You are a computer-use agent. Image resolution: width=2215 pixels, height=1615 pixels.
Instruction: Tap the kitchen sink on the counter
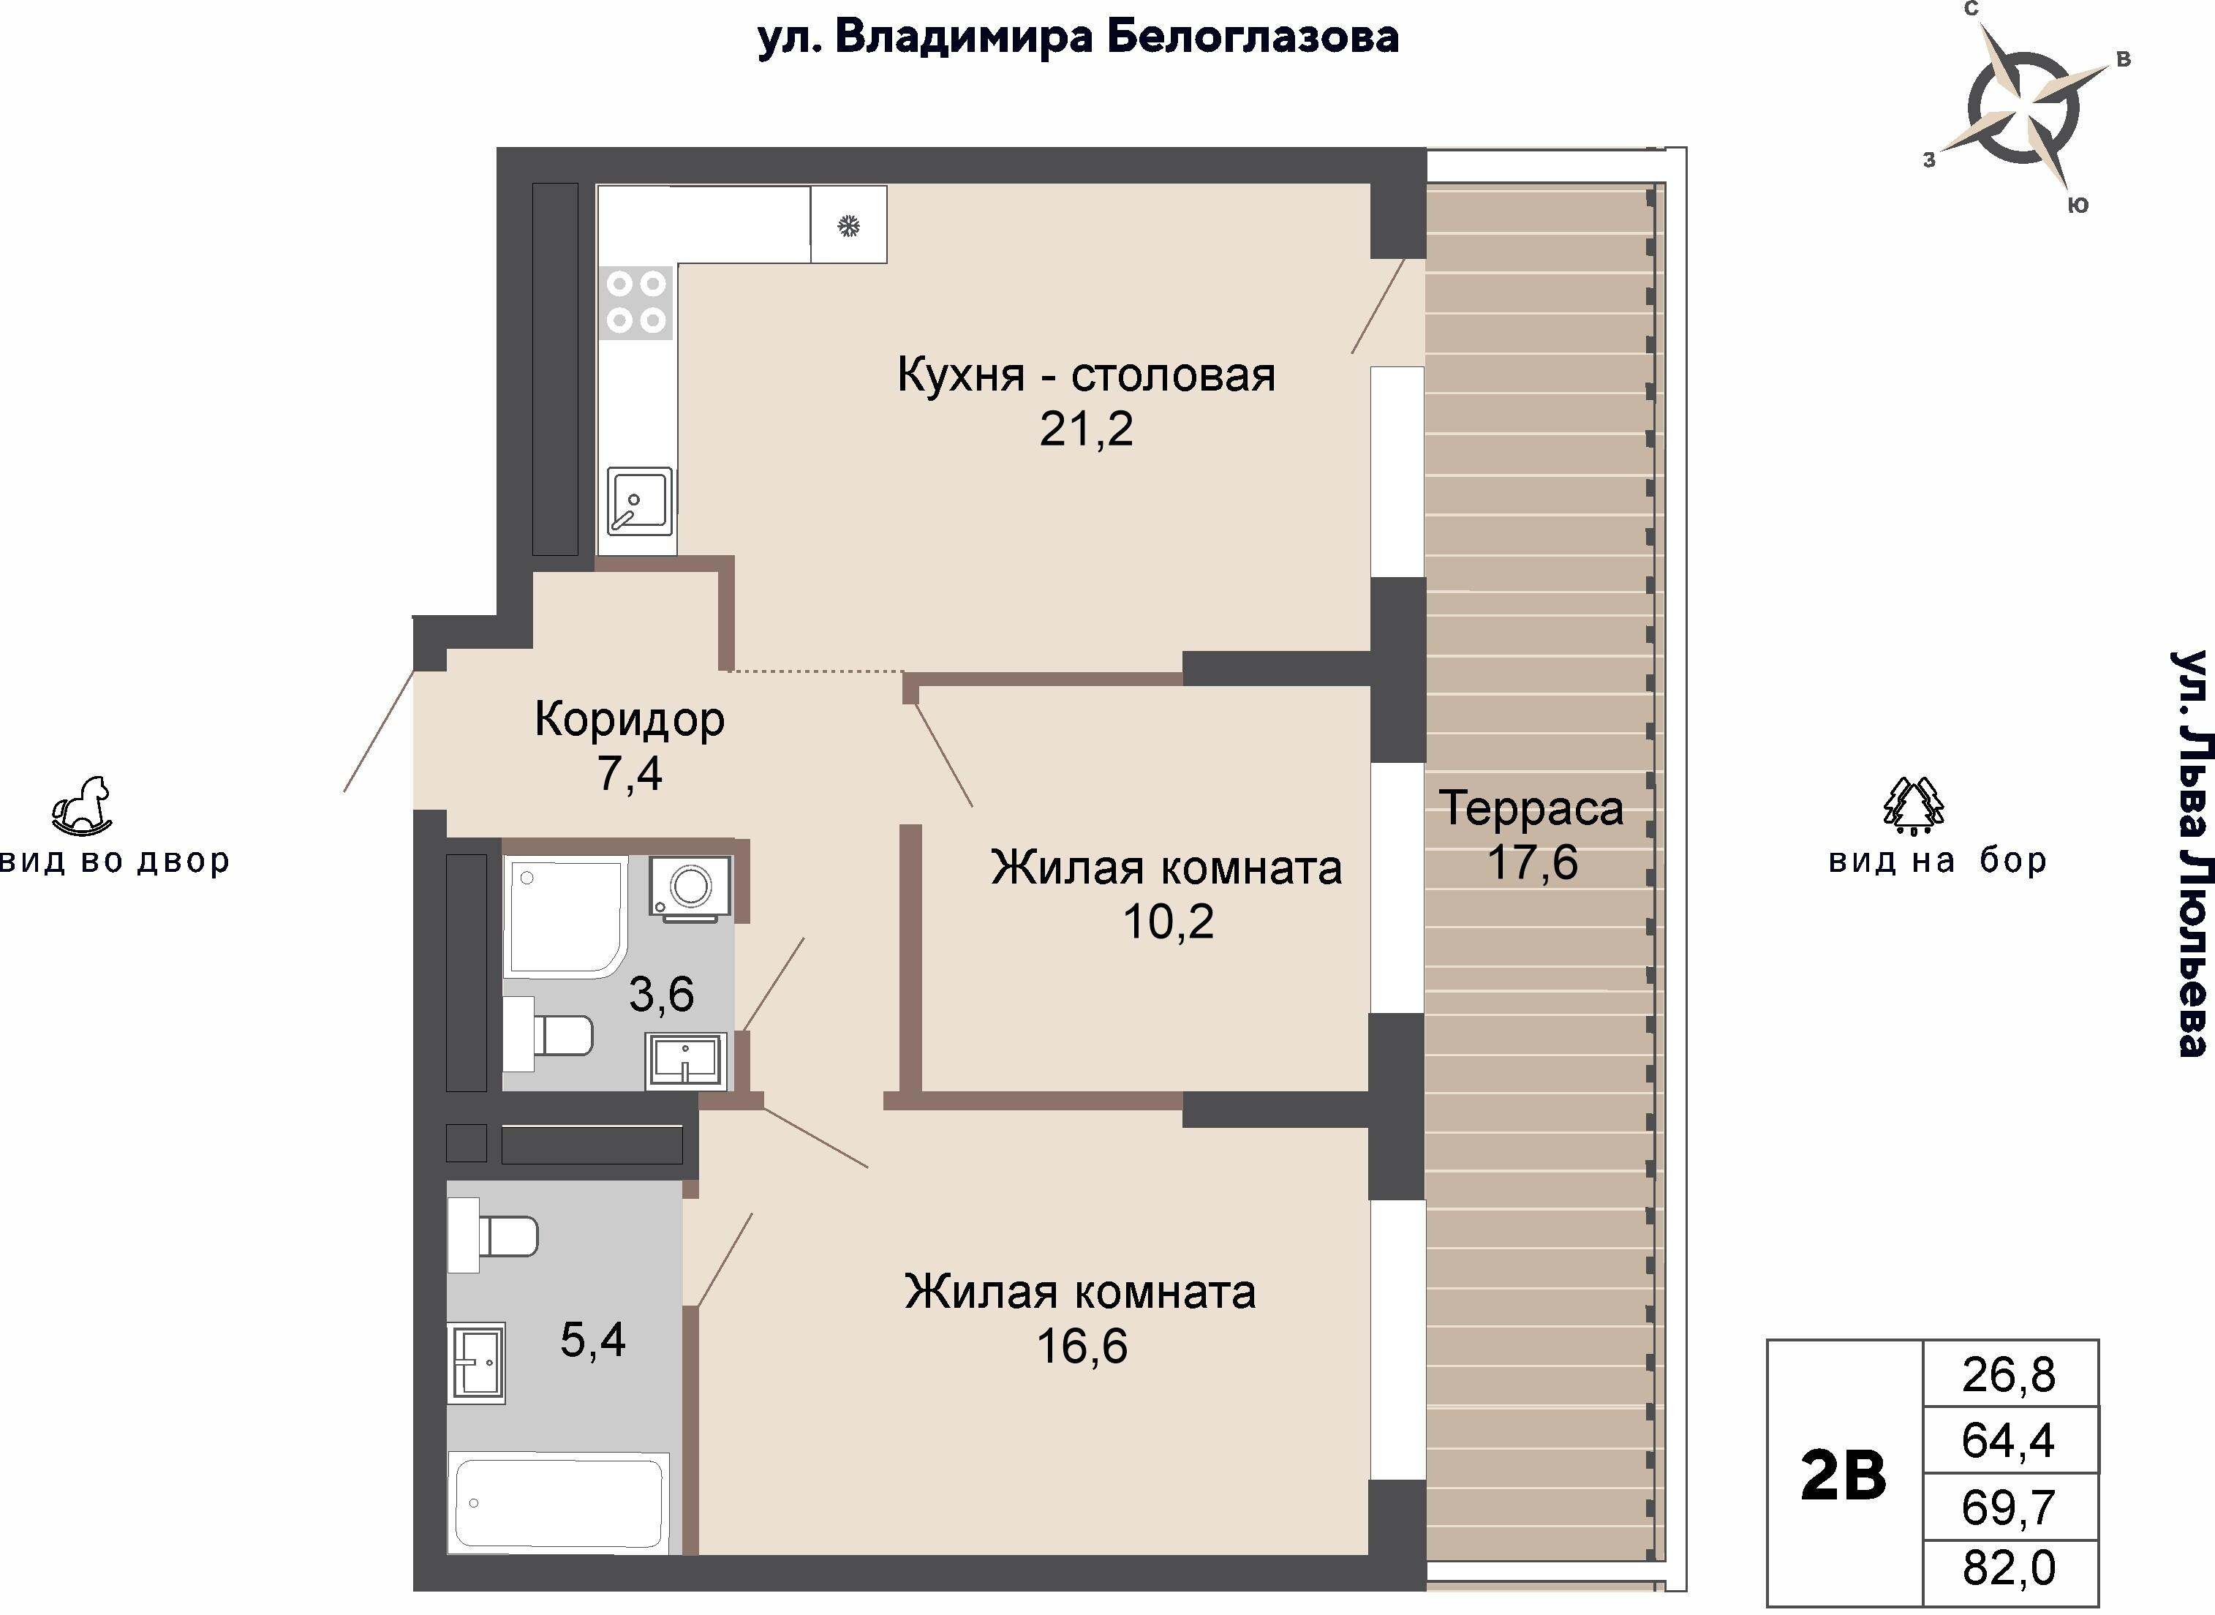click(x=639, y=500)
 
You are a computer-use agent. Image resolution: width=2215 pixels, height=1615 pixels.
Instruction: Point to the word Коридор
click(x=630, y=720)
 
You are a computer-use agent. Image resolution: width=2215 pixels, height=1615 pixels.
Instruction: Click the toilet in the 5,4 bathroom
click(x=494, y=1237)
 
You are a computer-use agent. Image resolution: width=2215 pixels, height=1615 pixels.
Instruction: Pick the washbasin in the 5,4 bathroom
click(x=477, y=1362)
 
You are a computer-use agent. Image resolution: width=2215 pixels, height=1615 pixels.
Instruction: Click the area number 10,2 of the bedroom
click(x=1168, y=922)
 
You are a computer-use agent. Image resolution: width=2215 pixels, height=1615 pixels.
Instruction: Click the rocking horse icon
click(x=81, y=807)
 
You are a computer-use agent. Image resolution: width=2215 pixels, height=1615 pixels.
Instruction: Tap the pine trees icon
click(x=1913, y=807)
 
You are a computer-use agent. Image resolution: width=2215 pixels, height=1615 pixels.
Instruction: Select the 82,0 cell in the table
click(x=2009, y=1568)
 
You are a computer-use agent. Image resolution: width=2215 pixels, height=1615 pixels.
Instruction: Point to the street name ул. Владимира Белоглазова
click(x=1078, y=38)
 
